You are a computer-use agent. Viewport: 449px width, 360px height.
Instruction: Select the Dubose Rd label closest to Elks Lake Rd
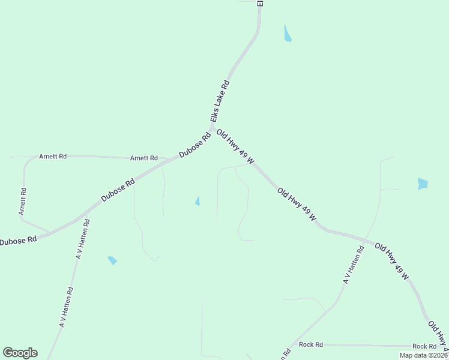(x=195, y=146)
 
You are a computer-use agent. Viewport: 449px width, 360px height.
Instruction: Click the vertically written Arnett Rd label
(x=22, y=202)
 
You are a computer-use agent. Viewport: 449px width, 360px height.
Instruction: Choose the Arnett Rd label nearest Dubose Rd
(x=144, y=158)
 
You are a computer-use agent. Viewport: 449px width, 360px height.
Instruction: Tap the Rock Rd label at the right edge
(x=424, y=347)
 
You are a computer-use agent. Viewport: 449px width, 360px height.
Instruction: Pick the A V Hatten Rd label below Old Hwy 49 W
(x=353, y=265)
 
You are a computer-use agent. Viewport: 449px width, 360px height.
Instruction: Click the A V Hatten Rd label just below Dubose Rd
(x=83, y=239)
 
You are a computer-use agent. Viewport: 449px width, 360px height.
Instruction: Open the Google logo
(x=20, y=353)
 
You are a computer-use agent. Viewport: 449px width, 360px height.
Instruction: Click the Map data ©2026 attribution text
(x=423, y=355)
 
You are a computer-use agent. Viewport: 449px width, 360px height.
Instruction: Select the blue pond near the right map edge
(x=423, y=184)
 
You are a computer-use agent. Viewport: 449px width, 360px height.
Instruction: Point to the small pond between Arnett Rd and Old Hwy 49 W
(x=197, y=201)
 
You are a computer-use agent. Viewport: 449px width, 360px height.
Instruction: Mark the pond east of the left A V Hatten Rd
(x=112, y=260)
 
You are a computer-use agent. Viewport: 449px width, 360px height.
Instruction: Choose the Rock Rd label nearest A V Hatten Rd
(x=311, y=344)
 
